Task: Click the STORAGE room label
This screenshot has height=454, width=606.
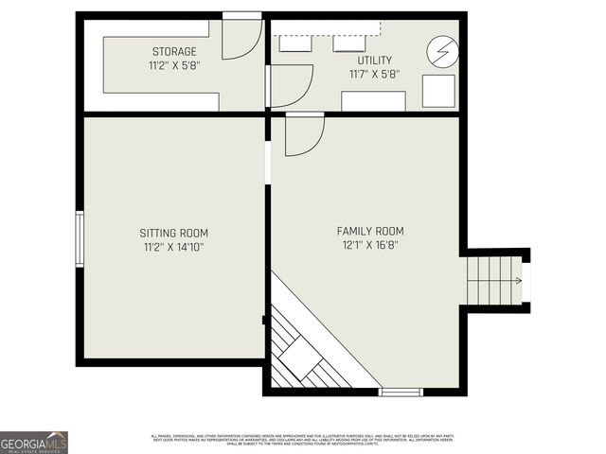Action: (174, 51)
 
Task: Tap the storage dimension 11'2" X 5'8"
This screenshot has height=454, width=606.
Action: (174, 66)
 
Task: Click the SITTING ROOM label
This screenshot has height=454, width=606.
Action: (173, 233)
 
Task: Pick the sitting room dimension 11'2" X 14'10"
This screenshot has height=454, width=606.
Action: (173, 248)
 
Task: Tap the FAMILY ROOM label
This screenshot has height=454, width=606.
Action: (370, 231)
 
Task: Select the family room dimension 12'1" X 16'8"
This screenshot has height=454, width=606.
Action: (370, 246)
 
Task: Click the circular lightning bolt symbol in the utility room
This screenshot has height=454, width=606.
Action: (440, 50)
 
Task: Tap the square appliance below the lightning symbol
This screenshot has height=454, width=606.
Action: (438, 92)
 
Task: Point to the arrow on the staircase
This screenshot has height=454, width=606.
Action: (517, 281)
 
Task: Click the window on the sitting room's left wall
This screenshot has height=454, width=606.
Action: (80, 239)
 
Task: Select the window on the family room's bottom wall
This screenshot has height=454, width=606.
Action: (401, 391)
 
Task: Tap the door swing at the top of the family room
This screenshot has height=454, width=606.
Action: (303, 133)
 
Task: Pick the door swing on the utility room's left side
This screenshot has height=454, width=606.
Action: (290, 85)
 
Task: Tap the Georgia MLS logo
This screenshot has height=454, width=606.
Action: (34, 442)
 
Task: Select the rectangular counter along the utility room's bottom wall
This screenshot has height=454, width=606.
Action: (373, 100)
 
